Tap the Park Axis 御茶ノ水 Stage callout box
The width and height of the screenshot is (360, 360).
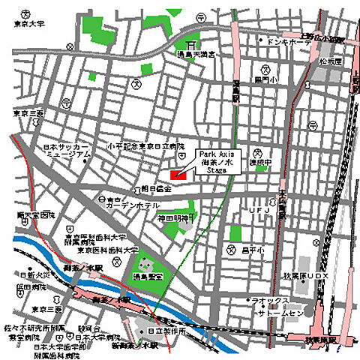click(x=216, y=160)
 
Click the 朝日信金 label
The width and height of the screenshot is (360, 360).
click(x=156, y=188)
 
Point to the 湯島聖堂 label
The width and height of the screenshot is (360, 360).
click(x=148, y=278)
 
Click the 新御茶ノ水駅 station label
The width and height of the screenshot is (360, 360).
click(x=139, y=346)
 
